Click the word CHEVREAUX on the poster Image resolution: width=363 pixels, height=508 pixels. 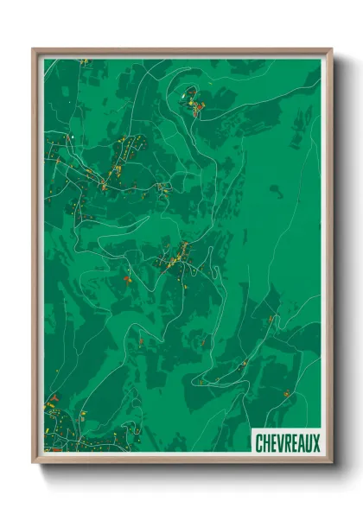288,443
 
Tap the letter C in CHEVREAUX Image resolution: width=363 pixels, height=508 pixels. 260,443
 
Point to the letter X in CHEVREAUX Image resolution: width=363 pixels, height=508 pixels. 315,443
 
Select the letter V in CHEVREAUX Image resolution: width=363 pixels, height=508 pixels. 281,443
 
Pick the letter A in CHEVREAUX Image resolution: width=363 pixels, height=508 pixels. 302,443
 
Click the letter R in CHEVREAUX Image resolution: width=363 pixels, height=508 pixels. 288,443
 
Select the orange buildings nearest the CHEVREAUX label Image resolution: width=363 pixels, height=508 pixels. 286,393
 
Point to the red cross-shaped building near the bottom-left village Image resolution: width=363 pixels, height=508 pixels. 54,398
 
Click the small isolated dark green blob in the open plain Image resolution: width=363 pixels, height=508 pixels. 276,188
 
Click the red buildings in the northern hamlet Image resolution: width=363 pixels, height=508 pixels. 198,107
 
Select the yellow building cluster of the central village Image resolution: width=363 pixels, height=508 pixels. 181,251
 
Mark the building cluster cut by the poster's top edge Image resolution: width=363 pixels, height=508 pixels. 84,61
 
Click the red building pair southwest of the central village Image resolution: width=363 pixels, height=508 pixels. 128,279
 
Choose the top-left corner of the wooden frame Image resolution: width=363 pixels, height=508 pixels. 34,50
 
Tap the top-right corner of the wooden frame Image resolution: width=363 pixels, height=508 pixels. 331,50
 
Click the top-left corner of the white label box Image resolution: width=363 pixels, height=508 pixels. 252,429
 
